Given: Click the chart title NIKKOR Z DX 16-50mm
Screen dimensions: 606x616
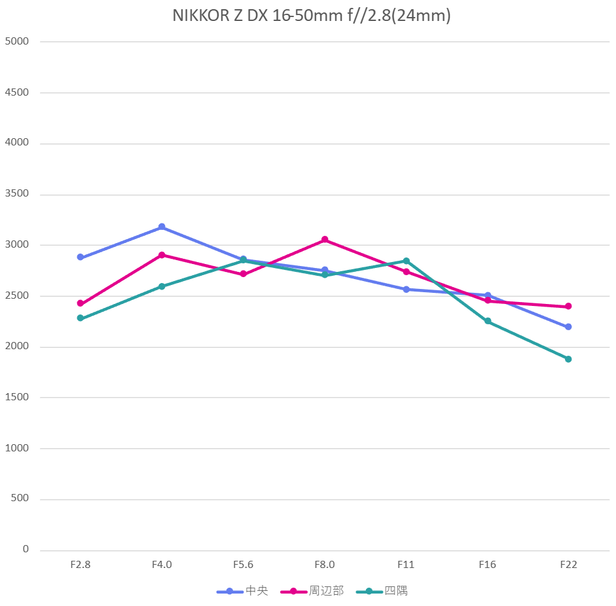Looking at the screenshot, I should tap(312, 16).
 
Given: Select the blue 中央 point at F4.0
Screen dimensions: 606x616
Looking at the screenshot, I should tap(162, 227).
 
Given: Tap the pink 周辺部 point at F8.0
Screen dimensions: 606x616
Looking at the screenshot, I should tap(325, 240).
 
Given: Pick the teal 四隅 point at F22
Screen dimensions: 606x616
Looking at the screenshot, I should tap(568, 359).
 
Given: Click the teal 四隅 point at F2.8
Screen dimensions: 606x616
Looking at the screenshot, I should tap(81, 318).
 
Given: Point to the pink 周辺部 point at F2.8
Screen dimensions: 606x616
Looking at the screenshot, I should tap(81, 303).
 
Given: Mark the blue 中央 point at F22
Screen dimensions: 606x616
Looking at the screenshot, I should tap(568, 326).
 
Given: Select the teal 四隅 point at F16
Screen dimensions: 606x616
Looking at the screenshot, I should tap(488, 321).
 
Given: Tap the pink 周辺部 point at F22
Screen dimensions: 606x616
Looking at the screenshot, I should tap(568, 306).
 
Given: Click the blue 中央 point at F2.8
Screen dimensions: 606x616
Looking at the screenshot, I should tap(81, 257).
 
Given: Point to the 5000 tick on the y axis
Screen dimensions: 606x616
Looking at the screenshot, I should tap(17, 41).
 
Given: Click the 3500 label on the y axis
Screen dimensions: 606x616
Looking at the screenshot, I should tap(17, 194).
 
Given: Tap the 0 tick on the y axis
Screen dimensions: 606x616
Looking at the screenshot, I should tap(26, 549).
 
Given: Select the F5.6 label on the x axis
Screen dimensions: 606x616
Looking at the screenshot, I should tap(243, 565).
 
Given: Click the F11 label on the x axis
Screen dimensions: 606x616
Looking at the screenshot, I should tap(406, 565).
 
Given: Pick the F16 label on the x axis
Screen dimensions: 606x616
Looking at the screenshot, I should tap(488, 565).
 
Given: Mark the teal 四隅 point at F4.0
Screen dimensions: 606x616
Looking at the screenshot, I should tap(162, 286).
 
